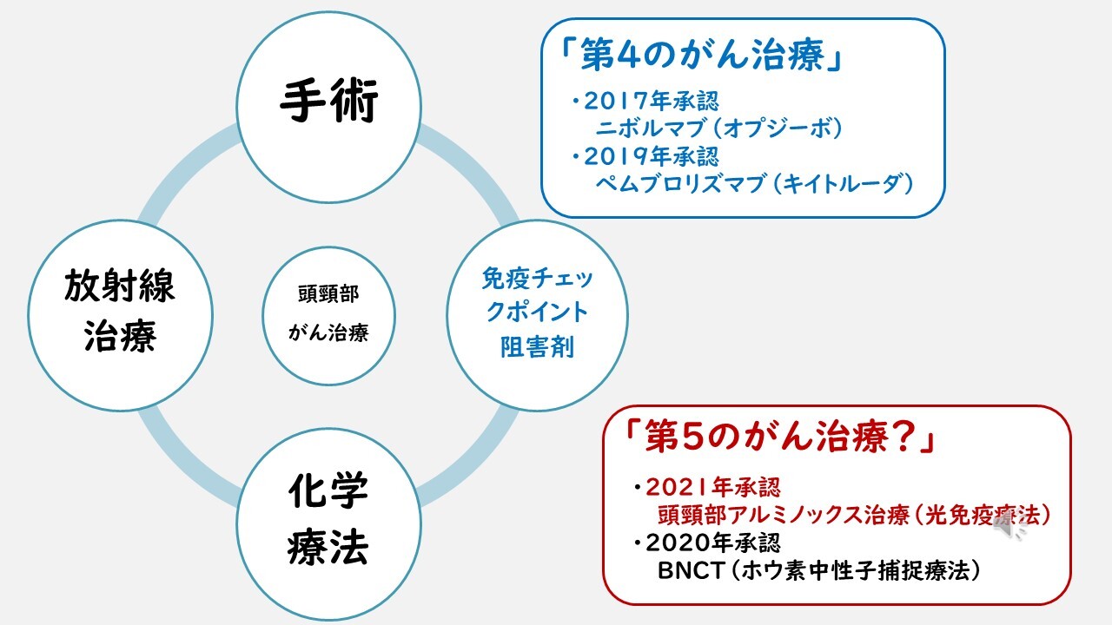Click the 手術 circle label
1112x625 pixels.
pyautogui.click(x=329, y=102)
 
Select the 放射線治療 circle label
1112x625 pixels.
pyautogui.click(x=120, y=311)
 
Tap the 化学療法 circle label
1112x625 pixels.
pyautogui.click(x=328, y=519)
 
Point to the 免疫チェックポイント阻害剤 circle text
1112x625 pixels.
pyautogui.click(x=537, y=312)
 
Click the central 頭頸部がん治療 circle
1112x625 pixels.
pyautogui.click(x=328, y=315)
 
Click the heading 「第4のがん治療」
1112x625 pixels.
pyautogui.click(x=701, y=55)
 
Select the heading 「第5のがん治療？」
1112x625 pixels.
pyautogui.click(x=779, y=437)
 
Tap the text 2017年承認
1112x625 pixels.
pyautogui.click(x=651, y=102)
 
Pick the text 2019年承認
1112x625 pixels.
pyautogui.click(x=651, y=157)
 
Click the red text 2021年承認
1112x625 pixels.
pyautogui.click(x=713, y=488)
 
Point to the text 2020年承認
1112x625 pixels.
pyautogui.click(x=713, y=543)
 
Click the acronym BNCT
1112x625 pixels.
pyautogui.click(x=691, y=571)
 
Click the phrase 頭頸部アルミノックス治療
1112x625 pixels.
pyautogui.click(x=783, y=516)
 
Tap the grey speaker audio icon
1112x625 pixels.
pyautogui.click(x=1009, y=529)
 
